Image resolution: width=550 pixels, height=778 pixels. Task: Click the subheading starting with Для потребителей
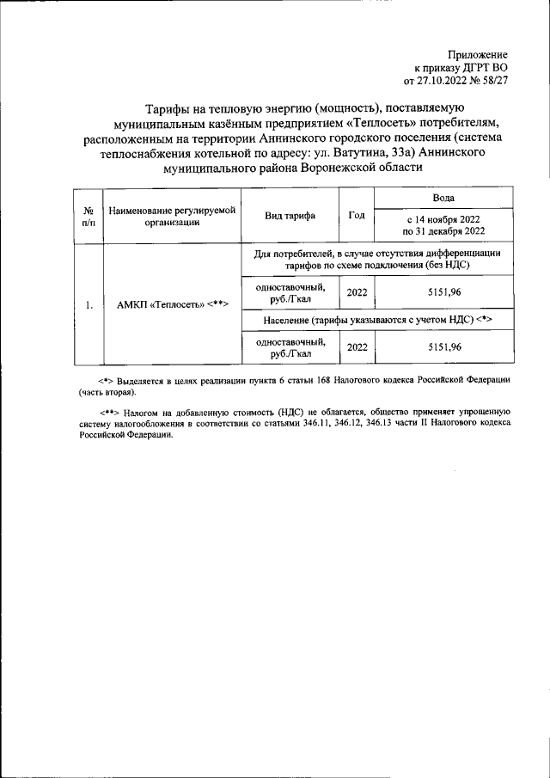tap(377, 260)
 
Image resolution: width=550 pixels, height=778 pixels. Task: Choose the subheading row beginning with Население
tap(377, 319)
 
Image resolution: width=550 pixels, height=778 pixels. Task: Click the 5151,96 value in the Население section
tap(444, 346)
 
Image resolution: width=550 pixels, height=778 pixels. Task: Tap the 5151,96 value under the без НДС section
tap(444, 292)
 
